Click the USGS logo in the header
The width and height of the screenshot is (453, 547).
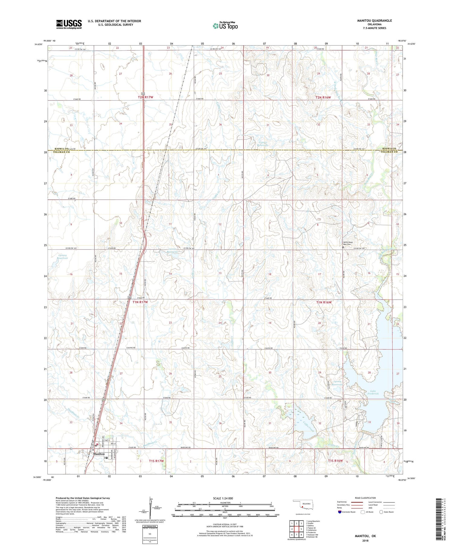pyautogui.click(x=69, y=24)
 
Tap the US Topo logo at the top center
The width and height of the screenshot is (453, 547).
pyautogui.click(x=225, y=26)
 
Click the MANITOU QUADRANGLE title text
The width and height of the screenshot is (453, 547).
pyautogui.click(x=374, y=21)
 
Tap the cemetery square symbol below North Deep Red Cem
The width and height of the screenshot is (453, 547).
pyautogui.click(x=343, y=247)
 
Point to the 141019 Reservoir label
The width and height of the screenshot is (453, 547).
pyautogui.click(x=337, y=383)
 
